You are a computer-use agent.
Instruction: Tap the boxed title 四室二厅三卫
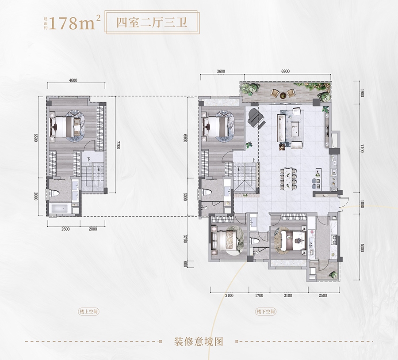[152, 23]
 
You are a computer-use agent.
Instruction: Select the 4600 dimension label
[73, 80]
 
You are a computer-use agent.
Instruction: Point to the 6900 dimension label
[285, 72]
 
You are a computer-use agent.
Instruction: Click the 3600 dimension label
[221, 72]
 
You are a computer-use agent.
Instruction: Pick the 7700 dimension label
[118, 146]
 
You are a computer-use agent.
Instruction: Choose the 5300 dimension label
[362, 247]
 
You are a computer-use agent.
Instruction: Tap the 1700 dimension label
[259, 296]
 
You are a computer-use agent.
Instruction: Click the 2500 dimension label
[323, 296]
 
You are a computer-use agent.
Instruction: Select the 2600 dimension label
[65, 229]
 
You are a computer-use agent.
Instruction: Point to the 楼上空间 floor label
[88, 311]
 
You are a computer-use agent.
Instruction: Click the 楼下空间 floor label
[266, 311]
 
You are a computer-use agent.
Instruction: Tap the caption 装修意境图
[199, 341]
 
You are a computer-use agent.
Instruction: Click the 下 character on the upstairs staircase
[88, 159]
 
